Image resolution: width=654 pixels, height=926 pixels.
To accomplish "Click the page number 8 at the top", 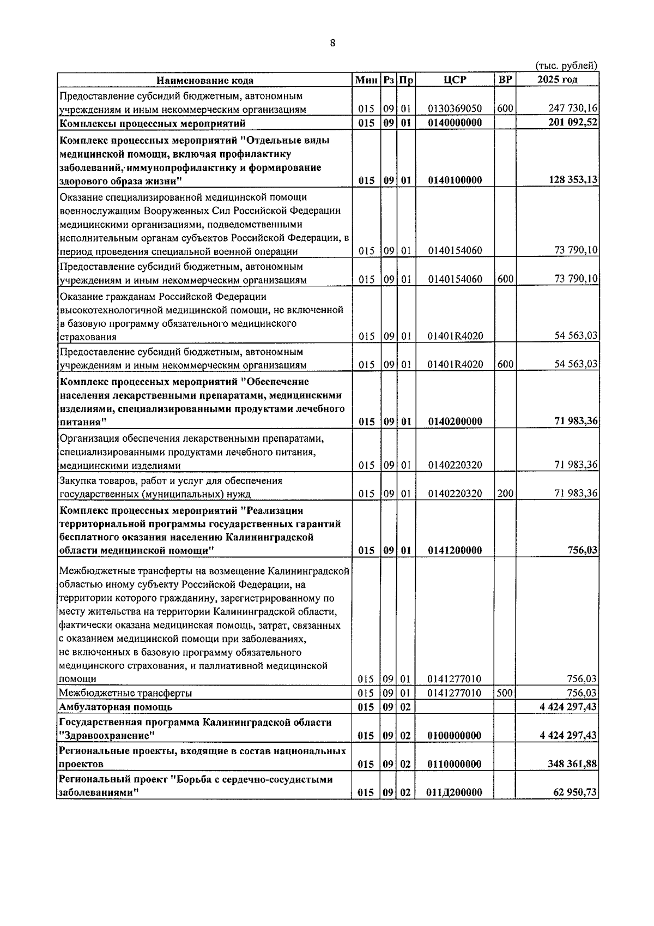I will pos(332,44).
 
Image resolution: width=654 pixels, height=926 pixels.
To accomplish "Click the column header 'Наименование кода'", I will pos(205,81).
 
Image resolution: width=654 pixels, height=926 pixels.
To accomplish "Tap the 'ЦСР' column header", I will pos(455,80).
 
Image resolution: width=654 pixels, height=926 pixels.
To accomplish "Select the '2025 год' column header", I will pos(557,80).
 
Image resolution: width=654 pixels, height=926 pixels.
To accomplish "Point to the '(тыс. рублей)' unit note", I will pos(566,65).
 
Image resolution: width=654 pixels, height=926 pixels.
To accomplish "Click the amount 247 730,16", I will pos(572,109).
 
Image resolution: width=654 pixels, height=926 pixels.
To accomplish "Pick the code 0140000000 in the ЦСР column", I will pos(455,123).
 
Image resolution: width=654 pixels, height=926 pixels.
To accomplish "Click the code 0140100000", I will pos(455,181).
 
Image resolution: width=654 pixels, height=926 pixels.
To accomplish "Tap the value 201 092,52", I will pos(572,123).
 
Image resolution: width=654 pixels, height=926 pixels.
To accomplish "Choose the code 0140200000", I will pos(455,422).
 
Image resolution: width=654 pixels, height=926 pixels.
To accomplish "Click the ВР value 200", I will pos(505,494).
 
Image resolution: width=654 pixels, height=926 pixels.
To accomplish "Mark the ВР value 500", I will pos(505,693).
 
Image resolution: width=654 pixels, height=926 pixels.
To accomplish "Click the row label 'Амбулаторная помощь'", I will pos(116,707).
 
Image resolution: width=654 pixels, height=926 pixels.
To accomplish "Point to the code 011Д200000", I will pos(455,793).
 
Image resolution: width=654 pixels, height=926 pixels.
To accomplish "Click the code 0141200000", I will pos(455,551).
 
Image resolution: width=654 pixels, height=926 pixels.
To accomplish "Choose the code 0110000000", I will pos(455,765).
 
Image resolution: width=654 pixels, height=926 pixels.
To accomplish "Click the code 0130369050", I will pos(455,109).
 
